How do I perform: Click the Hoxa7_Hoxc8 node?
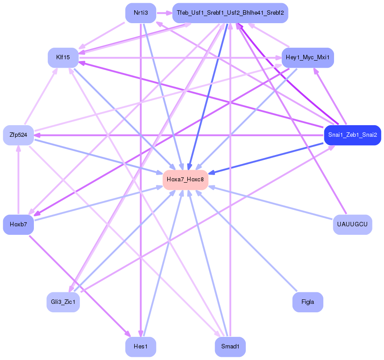click(186, 180)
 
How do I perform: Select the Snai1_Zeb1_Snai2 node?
click(352, 135)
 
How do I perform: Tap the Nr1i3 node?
click(140, 13)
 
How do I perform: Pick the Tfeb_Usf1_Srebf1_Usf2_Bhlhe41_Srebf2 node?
click(230, 13)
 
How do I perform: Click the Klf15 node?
click(63, 57)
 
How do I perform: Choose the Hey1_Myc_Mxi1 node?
click(308, 57)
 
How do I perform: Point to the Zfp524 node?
click(18, 135)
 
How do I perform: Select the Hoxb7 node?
click(18, 224)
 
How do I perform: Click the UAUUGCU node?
click(352, 224)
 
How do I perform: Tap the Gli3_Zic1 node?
click(63, 302)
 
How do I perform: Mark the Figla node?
click(308, 302)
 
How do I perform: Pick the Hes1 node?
click(140, 346)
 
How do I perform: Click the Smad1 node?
click(230, 346)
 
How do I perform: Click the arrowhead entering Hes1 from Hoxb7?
click(128, 334)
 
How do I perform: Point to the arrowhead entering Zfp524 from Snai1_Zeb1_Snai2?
click(37, 135)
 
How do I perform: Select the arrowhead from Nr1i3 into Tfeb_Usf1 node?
click(169, 13)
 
